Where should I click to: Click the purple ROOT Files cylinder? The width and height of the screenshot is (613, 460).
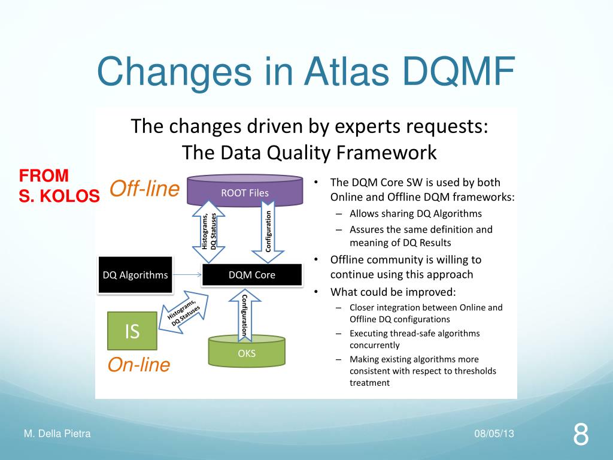click(245, 192)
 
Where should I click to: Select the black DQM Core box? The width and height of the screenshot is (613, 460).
click(252, 276)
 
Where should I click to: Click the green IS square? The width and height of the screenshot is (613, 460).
click(132, 331)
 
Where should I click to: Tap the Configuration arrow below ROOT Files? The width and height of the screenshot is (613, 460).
click(269, 232)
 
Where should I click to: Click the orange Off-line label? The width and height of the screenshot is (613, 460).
click(144, 189)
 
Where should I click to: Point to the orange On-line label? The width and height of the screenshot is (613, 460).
click(139, 365)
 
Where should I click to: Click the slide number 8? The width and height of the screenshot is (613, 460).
click(580, 434)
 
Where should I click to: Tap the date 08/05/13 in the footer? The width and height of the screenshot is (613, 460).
click(494, 434)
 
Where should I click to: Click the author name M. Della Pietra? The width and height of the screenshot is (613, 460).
click(57, 434)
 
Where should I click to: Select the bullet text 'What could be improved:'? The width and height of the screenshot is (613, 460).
click(393, 292)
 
